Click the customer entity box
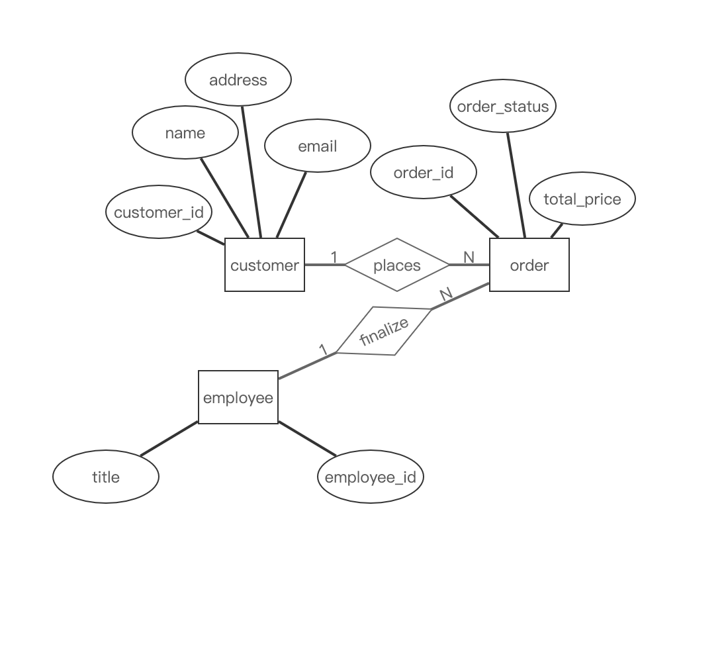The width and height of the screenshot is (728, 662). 265,265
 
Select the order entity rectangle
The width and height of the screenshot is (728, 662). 529,265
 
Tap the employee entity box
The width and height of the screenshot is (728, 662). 238,397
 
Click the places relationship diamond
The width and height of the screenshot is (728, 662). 397,265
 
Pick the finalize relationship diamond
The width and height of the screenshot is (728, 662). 384,331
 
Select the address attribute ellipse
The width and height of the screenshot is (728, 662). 238,79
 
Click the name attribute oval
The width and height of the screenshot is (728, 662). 185,132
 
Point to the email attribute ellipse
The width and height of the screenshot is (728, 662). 318,146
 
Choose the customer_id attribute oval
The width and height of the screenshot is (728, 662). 159,212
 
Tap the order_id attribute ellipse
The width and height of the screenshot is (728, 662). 424,172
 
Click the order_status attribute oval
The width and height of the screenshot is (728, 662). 503,106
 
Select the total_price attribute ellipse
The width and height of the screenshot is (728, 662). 582,199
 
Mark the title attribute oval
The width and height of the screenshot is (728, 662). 106,477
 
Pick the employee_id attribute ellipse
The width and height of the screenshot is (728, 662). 371,477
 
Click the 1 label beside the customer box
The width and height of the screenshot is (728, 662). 334,256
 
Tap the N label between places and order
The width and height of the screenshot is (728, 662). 469,257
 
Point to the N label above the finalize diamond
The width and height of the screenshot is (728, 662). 445,294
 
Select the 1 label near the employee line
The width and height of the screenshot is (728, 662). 323,350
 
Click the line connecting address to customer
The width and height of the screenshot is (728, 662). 251,172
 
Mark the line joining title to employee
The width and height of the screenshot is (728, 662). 169,438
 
